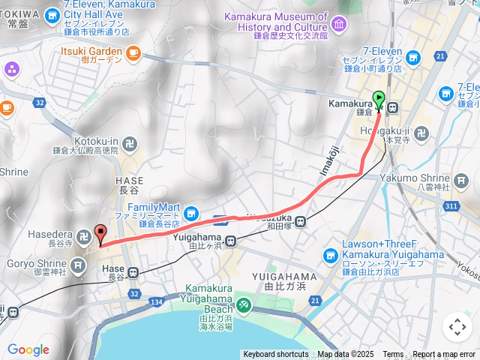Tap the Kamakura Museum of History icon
pos(338,25)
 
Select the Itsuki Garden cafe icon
pos(134,52)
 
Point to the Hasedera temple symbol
pos(85,235)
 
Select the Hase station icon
pos(133,273)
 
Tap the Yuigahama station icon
pos(230,241)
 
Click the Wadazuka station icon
pos(300,221)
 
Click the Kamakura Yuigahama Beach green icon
pos(243,304)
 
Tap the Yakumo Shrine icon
pos(460,179)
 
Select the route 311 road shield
pos(450,205)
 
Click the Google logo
pos(28,349)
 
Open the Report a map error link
pos(444,355)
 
